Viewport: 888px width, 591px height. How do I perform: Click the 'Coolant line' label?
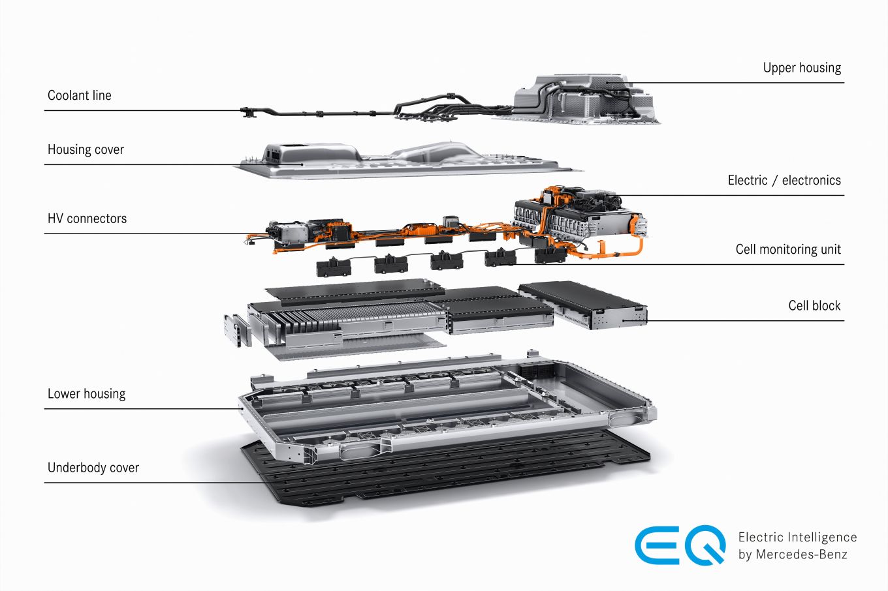79,95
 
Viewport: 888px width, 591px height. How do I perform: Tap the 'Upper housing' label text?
802,68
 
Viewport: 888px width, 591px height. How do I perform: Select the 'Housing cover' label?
86,150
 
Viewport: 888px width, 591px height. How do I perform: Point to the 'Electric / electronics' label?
784,180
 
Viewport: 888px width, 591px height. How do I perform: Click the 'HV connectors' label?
87,219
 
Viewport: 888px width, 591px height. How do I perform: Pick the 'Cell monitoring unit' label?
788,249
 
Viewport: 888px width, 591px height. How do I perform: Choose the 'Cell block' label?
814,305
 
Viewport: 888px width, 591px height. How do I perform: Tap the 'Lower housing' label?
86,394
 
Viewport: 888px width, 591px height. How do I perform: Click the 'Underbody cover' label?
93,468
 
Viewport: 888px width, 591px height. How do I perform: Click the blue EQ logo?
680,545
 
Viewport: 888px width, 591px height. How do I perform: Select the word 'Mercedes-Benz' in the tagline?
802,554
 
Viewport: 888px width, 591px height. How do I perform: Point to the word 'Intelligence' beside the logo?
822,538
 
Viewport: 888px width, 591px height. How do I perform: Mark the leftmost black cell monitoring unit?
334,267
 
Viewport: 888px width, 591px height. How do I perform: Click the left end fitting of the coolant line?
247,112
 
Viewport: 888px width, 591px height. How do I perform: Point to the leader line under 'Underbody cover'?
155,483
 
